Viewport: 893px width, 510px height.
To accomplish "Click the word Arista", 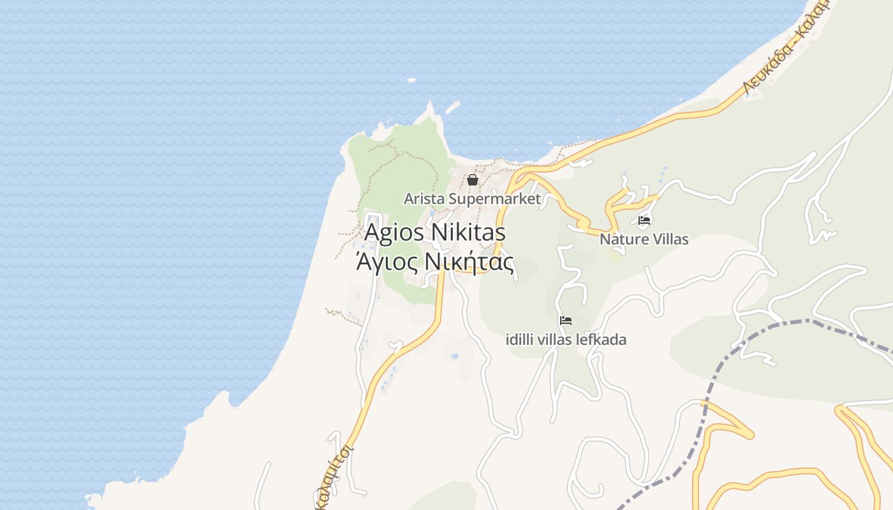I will (x=424, y=199).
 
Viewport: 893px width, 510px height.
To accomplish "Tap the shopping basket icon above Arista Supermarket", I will (x=472, y=180).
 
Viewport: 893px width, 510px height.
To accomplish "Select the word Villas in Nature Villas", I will (x=668, y=240).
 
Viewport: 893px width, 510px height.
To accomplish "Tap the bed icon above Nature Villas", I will (x=644, y=221).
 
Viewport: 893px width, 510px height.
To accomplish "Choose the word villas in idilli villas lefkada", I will (x=554, y=340).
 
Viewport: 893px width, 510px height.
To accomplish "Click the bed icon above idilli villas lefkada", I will (x=566, y=320).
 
